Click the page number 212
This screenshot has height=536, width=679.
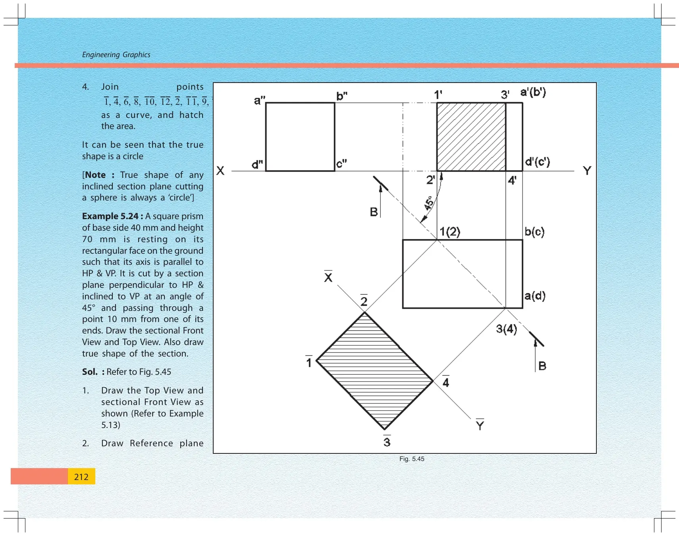(x=81, y=477)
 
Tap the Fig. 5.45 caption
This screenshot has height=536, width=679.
(x=412, y=459)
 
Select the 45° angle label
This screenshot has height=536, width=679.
(x=428, y=203)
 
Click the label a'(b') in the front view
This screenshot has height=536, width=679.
(x=533, y=93)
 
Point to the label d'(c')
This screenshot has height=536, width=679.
(x=537, y=162)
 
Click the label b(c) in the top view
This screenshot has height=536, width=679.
(x=534, y=232)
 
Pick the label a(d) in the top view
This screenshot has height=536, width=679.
(x=535, y=296)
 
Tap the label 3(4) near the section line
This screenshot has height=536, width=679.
(x=507, y=329)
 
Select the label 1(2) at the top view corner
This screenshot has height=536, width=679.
(x=450, y=231)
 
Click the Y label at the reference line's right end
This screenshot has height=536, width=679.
(x=587, y=171)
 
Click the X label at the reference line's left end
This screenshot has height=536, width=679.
(x=220, y=171)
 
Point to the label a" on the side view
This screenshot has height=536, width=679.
(x=260, y=100)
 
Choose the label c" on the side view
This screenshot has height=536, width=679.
(x=341, y=164)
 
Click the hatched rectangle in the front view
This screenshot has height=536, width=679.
(x=471, y=137)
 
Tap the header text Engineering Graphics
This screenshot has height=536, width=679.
(x=116, y=55)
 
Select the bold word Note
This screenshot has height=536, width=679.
(x=95, y=175)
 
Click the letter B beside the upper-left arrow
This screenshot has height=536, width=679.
(x=374, y=212)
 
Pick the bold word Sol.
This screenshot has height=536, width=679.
(x=90, y=372)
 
